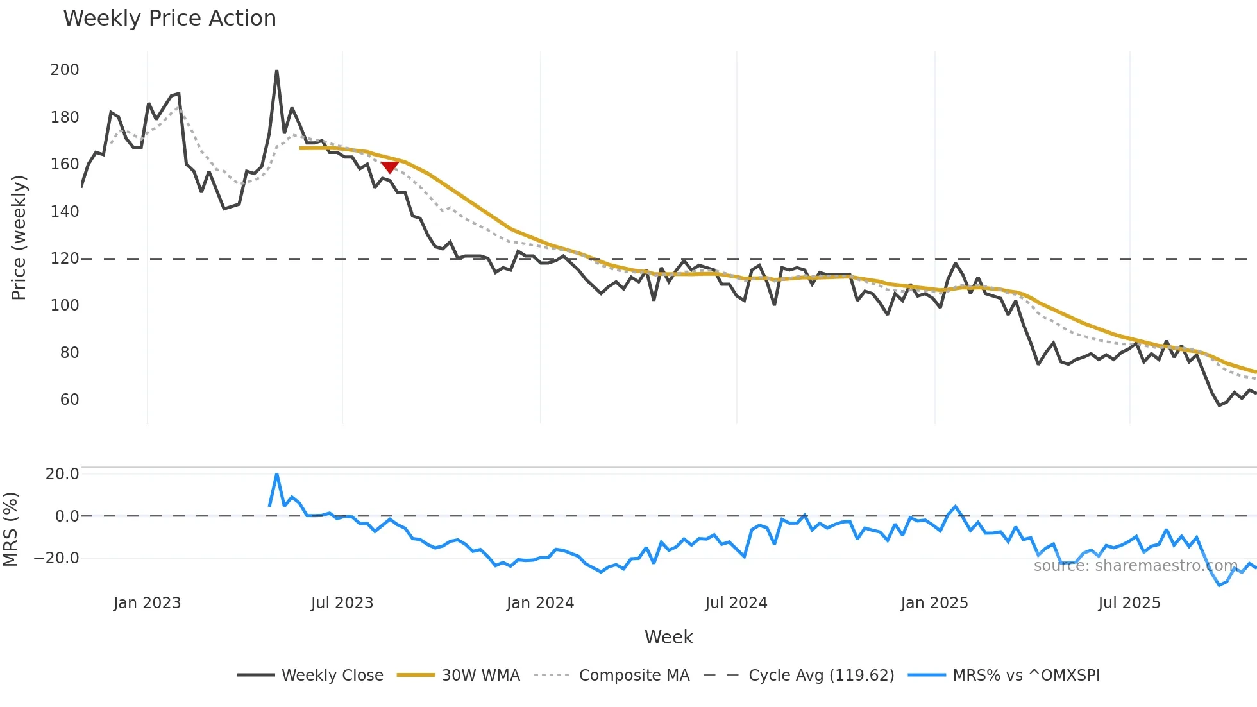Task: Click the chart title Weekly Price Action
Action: click(x=169, y=19)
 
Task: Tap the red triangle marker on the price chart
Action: click(x=389, y=167)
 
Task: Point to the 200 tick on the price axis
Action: click(x=65, y=69)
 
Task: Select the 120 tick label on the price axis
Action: click(x=65, y=259)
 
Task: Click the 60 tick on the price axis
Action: click(x=69, y=400)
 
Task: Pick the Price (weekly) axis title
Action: click(x=19, y=237)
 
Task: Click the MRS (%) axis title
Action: click(x=11, y=529)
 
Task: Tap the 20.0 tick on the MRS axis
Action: click(x=62, y=474)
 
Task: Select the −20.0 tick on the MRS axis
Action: click(x=56, y=558)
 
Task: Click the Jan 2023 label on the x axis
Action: click(x=147, y=603)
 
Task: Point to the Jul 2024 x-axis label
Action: click(x=736, y=603)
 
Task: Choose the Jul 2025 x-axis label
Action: click(x=1129, y=603)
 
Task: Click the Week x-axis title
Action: click(x=668, y=637)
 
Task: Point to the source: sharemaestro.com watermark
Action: click(x=1135, y=566)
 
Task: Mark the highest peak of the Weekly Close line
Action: click(x=276, y=71)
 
